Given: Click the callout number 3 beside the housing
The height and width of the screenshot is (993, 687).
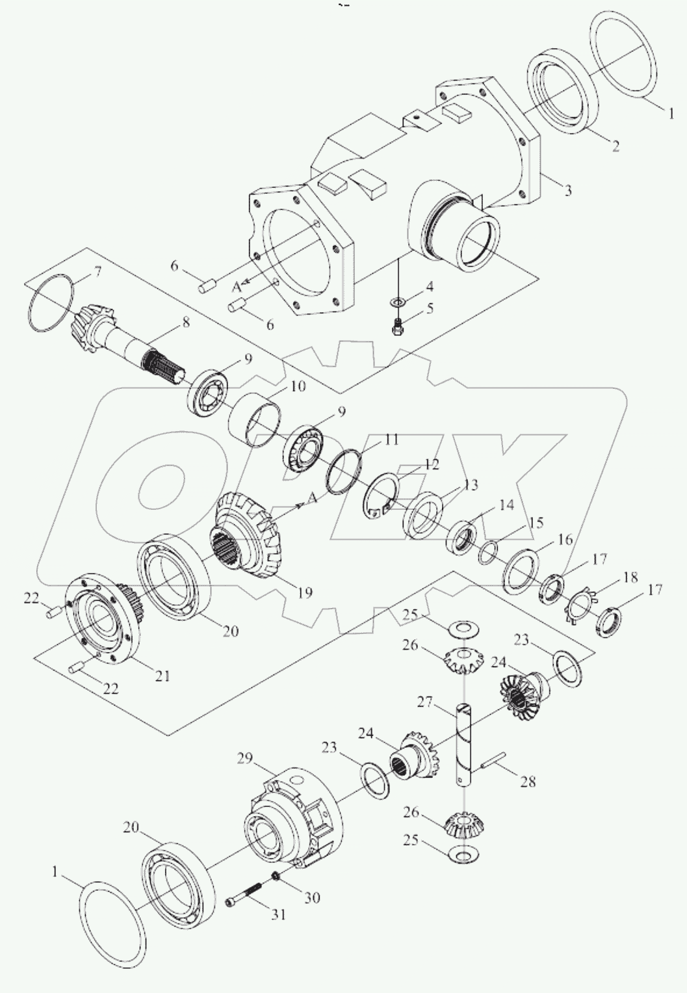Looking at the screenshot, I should [567, 191].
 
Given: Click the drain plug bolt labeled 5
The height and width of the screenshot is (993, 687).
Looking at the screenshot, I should [398, 327].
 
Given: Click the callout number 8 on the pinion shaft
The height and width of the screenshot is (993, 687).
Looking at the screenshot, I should [186, 321].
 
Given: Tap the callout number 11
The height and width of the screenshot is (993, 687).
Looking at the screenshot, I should [391, 440].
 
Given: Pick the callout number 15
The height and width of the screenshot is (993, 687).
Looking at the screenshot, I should [536, 522].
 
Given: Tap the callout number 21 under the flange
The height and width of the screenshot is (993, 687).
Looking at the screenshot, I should [162, 676].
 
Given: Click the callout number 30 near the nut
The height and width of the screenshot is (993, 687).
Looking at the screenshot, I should [312, 898].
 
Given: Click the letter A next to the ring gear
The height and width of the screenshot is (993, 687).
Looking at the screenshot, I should [313, 497].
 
